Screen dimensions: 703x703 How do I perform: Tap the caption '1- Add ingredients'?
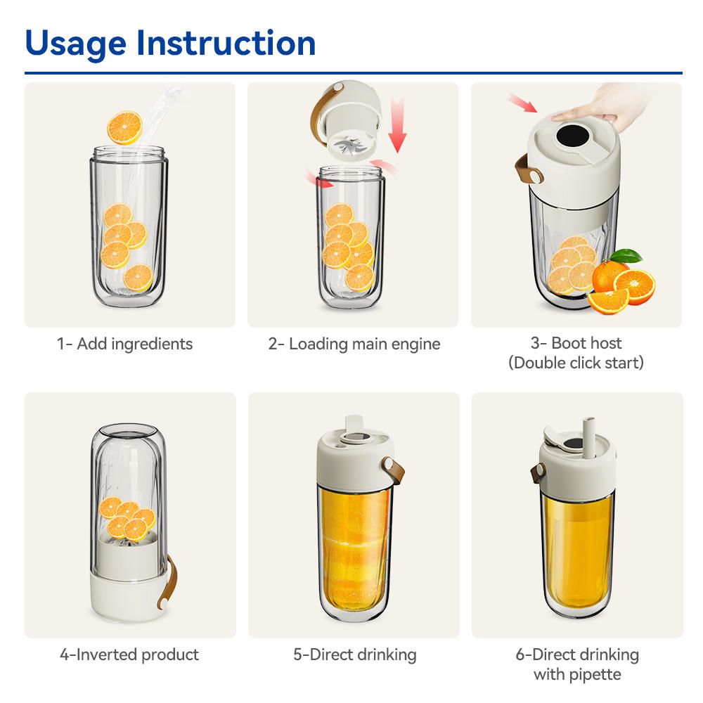tap(124, 344)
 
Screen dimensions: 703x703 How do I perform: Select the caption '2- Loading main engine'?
tap(354, 344)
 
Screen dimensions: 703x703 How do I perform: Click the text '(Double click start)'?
tap(576, 363)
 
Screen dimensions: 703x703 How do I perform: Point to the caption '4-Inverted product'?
tap(129, 654)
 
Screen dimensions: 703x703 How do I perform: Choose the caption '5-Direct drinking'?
tap(354, 654)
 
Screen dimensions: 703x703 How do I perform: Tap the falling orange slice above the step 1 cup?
tap(124, 128)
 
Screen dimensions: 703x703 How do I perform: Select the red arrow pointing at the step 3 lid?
tap(521, 104)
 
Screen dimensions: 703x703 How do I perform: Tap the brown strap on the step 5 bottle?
tap(387, 468)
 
